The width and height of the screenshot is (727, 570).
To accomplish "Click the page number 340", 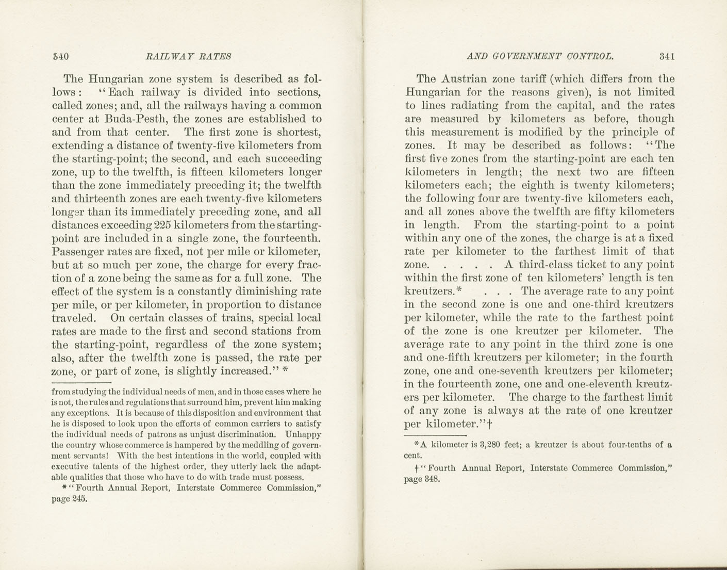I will click(61, 56).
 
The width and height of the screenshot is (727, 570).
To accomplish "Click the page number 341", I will click(667, 56).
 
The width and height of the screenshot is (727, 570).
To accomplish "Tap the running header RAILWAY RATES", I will click(189, 56).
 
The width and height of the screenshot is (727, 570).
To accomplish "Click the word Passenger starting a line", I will click(79, 252).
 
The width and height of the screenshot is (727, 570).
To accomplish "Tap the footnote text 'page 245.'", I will click(70, 499).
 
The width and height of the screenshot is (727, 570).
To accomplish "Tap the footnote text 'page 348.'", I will click(422, 479).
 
